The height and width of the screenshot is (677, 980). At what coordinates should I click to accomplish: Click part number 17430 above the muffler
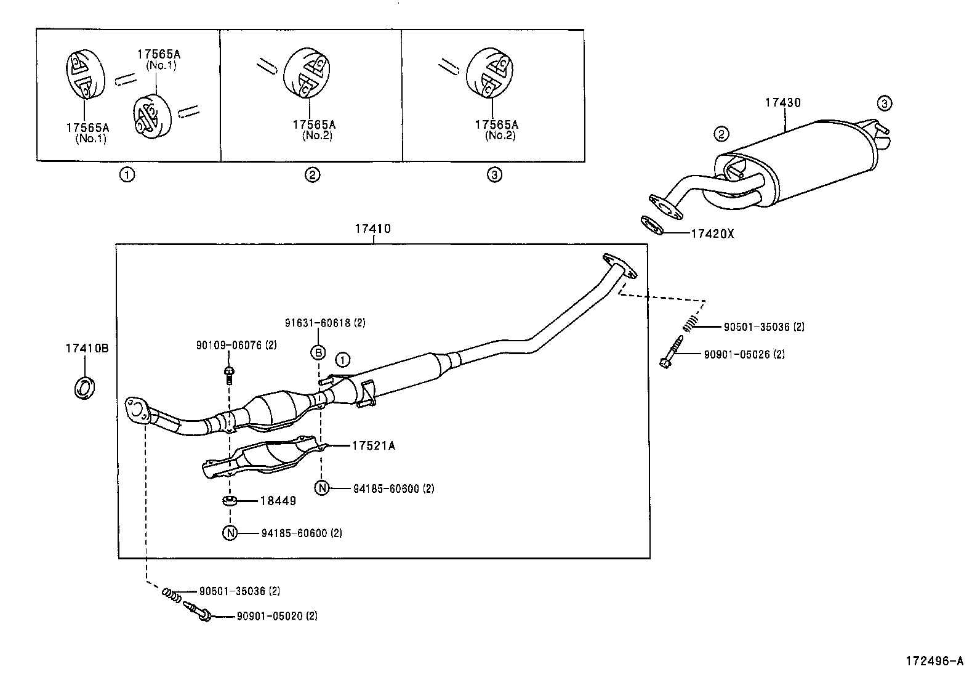[782, 103]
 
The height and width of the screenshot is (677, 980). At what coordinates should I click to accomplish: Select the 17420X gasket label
[712, 234]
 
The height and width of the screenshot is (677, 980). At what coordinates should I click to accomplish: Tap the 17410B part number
[87, 348]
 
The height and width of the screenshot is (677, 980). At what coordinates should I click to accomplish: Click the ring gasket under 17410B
[84, 387]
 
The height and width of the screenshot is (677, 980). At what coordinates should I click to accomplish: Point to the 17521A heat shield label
[373, 445]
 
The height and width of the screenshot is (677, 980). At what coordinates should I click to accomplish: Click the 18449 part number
[278, 501]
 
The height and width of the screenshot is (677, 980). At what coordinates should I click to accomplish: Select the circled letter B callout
[318, 352]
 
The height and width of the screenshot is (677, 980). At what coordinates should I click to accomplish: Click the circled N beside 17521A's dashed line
[322, 488]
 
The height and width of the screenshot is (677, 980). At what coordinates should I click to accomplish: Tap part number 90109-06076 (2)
[236, 346]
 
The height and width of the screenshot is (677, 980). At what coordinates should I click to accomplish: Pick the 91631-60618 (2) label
[325, 323]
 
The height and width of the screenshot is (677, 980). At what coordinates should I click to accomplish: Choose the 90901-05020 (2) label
[277, 615]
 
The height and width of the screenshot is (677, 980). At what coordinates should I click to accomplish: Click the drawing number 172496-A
[933, 662]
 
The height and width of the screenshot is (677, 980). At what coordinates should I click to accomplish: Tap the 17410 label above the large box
[372, 229]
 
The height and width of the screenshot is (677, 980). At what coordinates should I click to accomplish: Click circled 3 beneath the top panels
[494, 175]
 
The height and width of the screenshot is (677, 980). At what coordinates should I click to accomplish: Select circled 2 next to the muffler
[721, 133]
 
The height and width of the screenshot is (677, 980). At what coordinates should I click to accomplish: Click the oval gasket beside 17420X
[651, 225]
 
